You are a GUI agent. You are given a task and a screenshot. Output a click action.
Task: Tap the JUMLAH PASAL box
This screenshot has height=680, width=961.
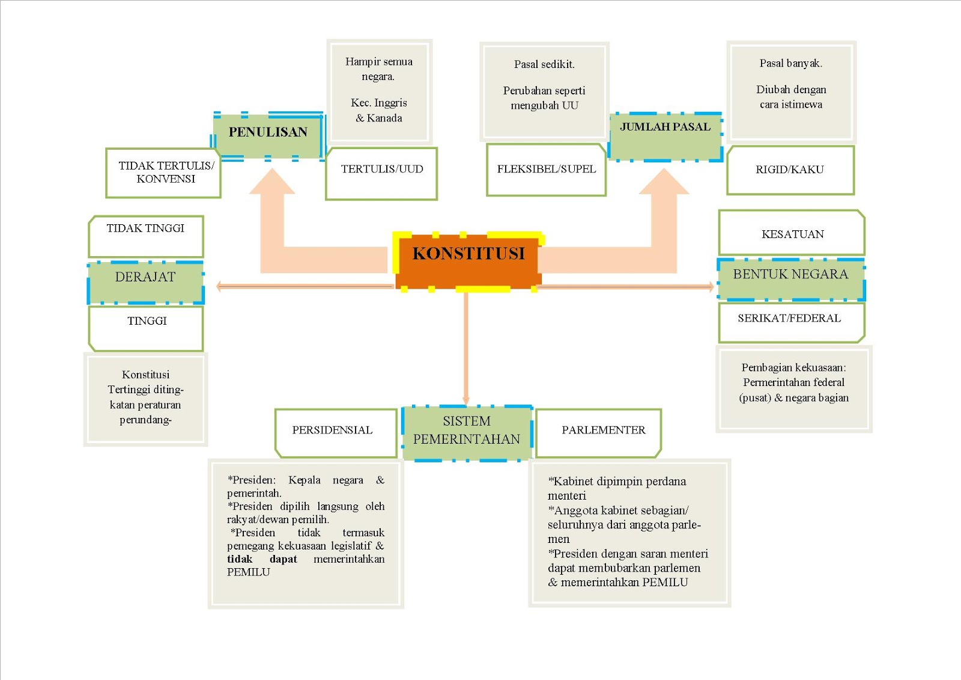665,136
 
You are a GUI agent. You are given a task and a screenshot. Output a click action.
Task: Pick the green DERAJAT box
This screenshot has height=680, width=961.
145,282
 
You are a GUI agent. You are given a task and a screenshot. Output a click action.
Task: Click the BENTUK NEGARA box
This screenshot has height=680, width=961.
791,279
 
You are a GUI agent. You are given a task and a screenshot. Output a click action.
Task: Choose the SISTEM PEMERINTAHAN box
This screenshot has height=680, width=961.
467,433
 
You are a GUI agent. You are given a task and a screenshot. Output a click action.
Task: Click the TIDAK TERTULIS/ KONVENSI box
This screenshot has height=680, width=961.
163,173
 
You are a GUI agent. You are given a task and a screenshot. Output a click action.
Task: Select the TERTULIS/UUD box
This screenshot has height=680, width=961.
381,174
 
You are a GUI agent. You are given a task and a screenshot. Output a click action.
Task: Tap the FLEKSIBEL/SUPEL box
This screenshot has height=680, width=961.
546,170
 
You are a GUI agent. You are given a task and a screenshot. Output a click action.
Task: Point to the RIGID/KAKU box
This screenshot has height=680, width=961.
790,170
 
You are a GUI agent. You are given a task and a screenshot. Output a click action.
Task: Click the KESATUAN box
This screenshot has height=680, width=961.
792,233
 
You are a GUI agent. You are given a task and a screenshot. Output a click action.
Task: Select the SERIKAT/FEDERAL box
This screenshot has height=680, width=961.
792,323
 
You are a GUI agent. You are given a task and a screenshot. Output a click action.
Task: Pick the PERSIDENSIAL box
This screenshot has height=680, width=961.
336,433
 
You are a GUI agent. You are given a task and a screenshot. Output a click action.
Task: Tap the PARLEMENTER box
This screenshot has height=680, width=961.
598,433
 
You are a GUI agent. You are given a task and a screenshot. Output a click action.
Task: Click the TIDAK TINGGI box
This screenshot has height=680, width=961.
146,236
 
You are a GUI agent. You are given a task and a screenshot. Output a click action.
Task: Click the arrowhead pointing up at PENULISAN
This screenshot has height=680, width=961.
272,182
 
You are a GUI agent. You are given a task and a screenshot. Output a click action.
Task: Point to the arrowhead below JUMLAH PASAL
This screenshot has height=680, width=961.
664,182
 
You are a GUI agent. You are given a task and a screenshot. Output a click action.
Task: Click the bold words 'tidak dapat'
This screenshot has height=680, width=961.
262,559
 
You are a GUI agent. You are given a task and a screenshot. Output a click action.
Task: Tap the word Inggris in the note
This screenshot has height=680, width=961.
390,103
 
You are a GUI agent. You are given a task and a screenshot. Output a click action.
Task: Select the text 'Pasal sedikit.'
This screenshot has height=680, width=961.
544,64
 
